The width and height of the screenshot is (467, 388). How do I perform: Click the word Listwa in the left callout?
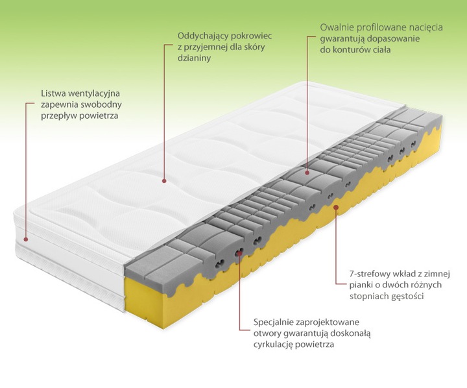coord(53,93)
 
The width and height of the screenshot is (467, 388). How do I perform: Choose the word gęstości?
coord(408,297)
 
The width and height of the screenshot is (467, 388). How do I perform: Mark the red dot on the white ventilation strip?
coord(26,239)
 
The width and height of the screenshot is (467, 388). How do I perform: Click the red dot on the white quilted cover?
coord(164,180)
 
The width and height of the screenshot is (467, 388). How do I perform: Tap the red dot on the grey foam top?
coord(307,172)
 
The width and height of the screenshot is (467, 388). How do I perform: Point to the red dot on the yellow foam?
coord(336,206)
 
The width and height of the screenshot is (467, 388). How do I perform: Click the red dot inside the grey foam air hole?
coord(239,253)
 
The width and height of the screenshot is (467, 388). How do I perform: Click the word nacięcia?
coord(426,27)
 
